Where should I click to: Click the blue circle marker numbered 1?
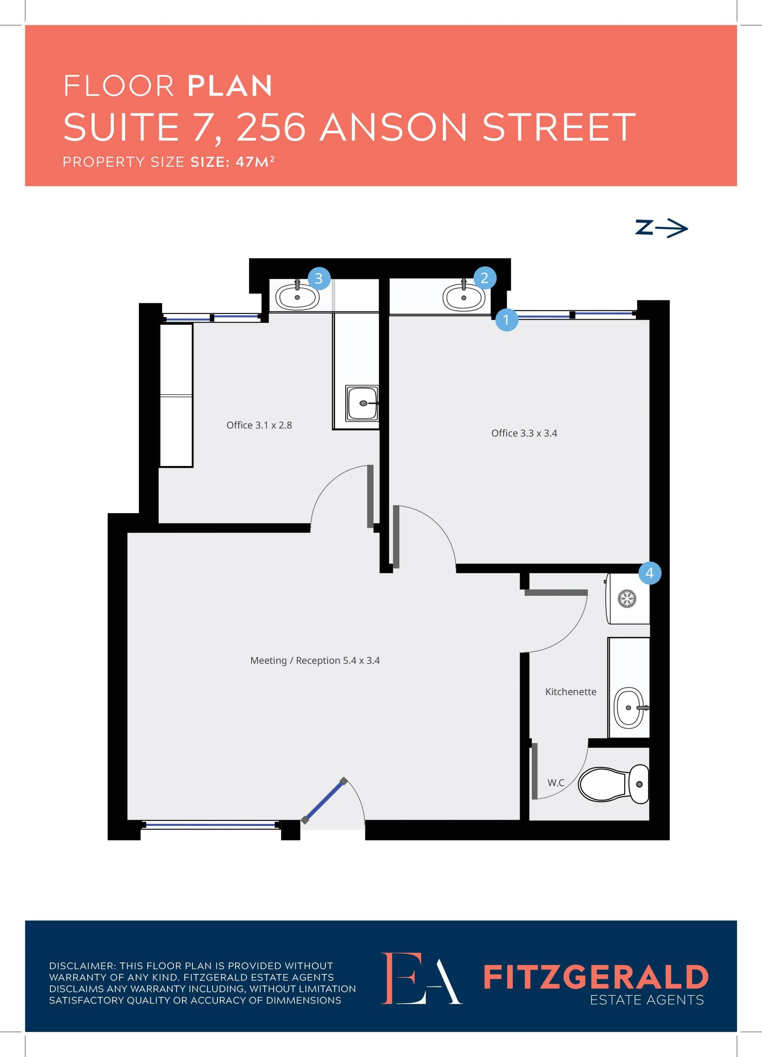pyautogui.click(x=506, y=320)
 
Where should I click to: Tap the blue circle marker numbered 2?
pyautogui.click(x=484, y=278)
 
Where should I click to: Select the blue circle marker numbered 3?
pyautogui.click(x=319, y=278)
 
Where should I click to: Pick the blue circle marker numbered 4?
pyautogui.click(x=650, y=573)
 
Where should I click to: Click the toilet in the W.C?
pyautogui.click(x=613, y=784)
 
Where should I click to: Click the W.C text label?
pyautogui.click(x=556, y=782)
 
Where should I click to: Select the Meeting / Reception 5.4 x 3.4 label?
pyautogui.click(x=315, y=660)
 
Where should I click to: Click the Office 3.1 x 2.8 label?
pyautogui.click(x=259, y=425)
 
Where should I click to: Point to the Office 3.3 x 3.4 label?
pyautogui.click(x=524, y=433)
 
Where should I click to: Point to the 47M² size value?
pyautogui.click(x=255, y=162)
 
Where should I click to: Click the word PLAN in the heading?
pyautogui.click(x=230, y=86)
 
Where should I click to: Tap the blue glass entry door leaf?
pyautogui.click(x=324, y=801)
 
